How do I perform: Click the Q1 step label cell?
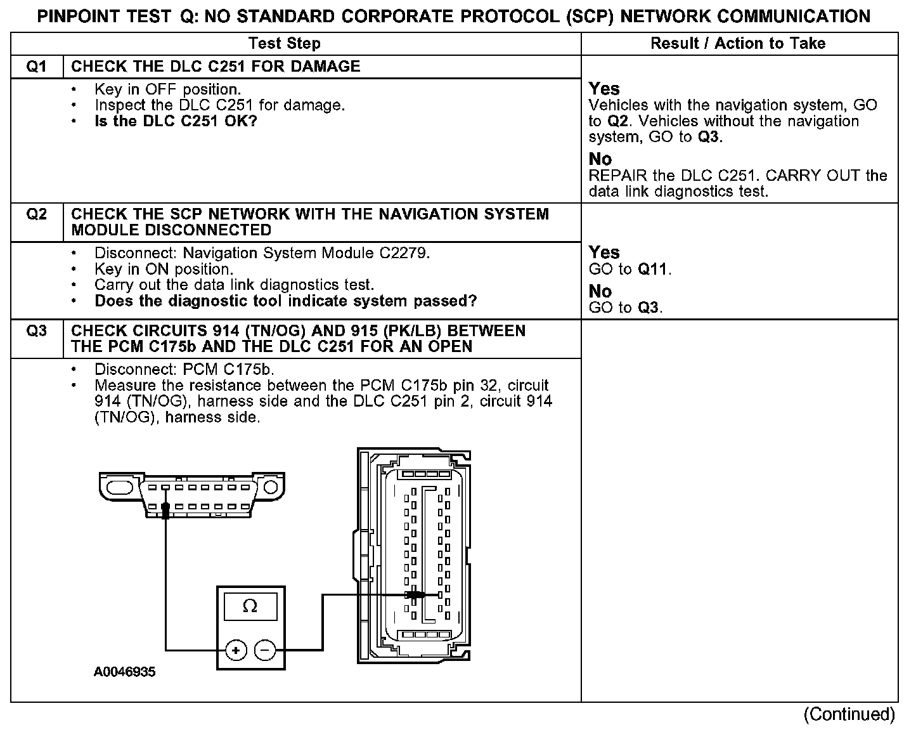pos(37,67)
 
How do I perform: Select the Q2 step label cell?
pos(37,214)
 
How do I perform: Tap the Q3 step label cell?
pos(37,330)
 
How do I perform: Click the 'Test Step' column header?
pos(285,43)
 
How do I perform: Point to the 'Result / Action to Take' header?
pos(738,43)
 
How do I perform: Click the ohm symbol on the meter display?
pos(250,606)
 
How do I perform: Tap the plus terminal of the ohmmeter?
pos(235,650)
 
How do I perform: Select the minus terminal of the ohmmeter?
pos(265,650)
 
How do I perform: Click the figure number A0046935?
pos(124,672)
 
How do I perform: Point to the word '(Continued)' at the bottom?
pos(849,714)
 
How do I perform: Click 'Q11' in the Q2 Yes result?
pos(653,269)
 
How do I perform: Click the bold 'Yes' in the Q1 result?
pos(604,89)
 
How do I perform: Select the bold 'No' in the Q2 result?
pos(600,291)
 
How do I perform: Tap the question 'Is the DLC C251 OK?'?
pos(176,121)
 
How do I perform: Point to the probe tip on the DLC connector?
pos(165,508)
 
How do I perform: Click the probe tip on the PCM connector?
pos(416,595)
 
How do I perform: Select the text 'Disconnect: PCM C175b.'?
pos(184,369)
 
